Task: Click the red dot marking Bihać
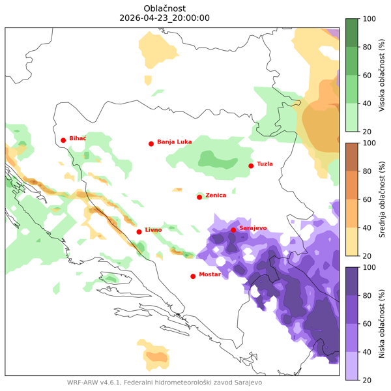[63, 140]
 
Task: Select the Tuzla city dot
[251, 166]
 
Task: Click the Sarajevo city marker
[233, 230]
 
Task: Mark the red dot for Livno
[139, 232]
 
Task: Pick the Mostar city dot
[193, 276]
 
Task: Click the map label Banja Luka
[174, 141]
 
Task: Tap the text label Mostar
[210, 274]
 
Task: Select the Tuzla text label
[265, 164]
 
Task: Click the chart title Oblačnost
[165, 7]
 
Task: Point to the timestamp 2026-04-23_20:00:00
[165, 18]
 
